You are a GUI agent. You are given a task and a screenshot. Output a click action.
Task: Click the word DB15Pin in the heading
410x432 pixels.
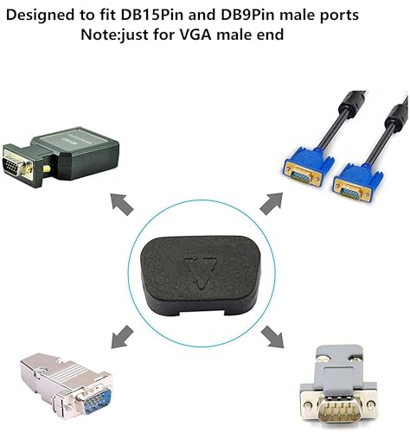152,16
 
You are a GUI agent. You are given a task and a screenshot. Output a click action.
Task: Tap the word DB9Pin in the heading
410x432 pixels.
247,16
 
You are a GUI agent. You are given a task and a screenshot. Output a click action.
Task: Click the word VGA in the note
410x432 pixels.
195,35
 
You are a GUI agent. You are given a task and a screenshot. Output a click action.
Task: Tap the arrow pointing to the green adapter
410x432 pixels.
122,204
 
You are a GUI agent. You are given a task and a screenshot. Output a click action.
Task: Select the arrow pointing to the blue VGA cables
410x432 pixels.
272,203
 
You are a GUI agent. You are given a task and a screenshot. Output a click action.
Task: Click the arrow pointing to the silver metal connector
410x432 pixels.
123,336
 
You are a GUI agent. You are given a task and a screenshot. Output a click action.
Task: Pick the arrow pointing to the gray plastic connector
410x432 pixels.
272,336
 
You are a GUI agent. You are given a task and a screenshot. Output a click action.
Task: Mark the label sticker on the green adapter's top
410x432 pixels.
72,141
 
